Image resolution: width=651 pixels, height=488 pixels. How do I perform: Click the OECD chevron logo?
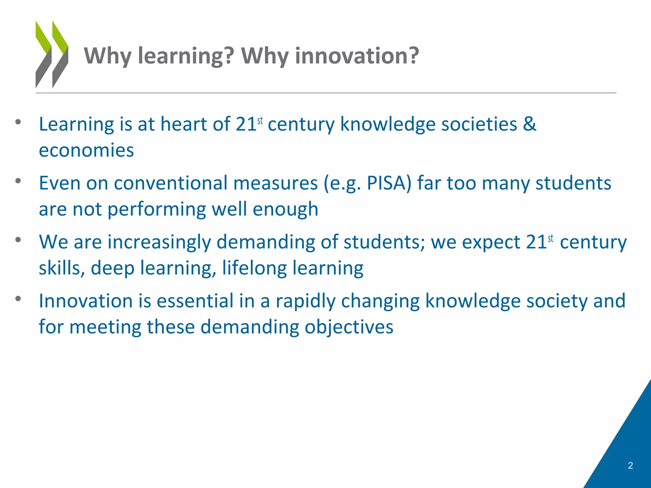click(x=52, y=54)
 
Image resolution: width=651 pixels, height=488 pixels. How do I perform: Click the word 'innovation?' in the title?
click(x=357, y=56)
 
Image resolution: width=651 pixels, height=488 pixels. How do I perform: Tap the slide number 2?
click(x=630, y=465)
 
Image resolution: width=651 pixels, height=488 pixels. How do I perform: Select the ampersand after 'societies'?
click(x=529, y=124)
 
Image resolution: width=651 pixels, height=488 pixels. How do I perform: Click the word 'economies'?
click(x=86, y=150)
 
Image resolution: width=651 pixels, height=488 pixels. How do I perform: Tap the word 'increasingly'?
click(x=159, y=242)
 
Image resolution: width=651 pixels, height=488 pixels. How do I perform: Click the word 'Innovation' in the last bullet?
click(x=86, y=301)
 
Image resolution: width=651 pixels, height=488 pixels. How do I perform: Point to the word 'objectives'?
click(x=349, y=327)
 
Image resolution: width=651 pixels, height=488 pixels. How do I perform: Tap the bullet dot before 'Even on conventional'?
click(x=18, y=181)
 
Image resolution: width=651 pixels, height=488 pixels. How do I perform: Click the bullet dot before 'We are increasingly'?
click(x=18, y=240)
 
